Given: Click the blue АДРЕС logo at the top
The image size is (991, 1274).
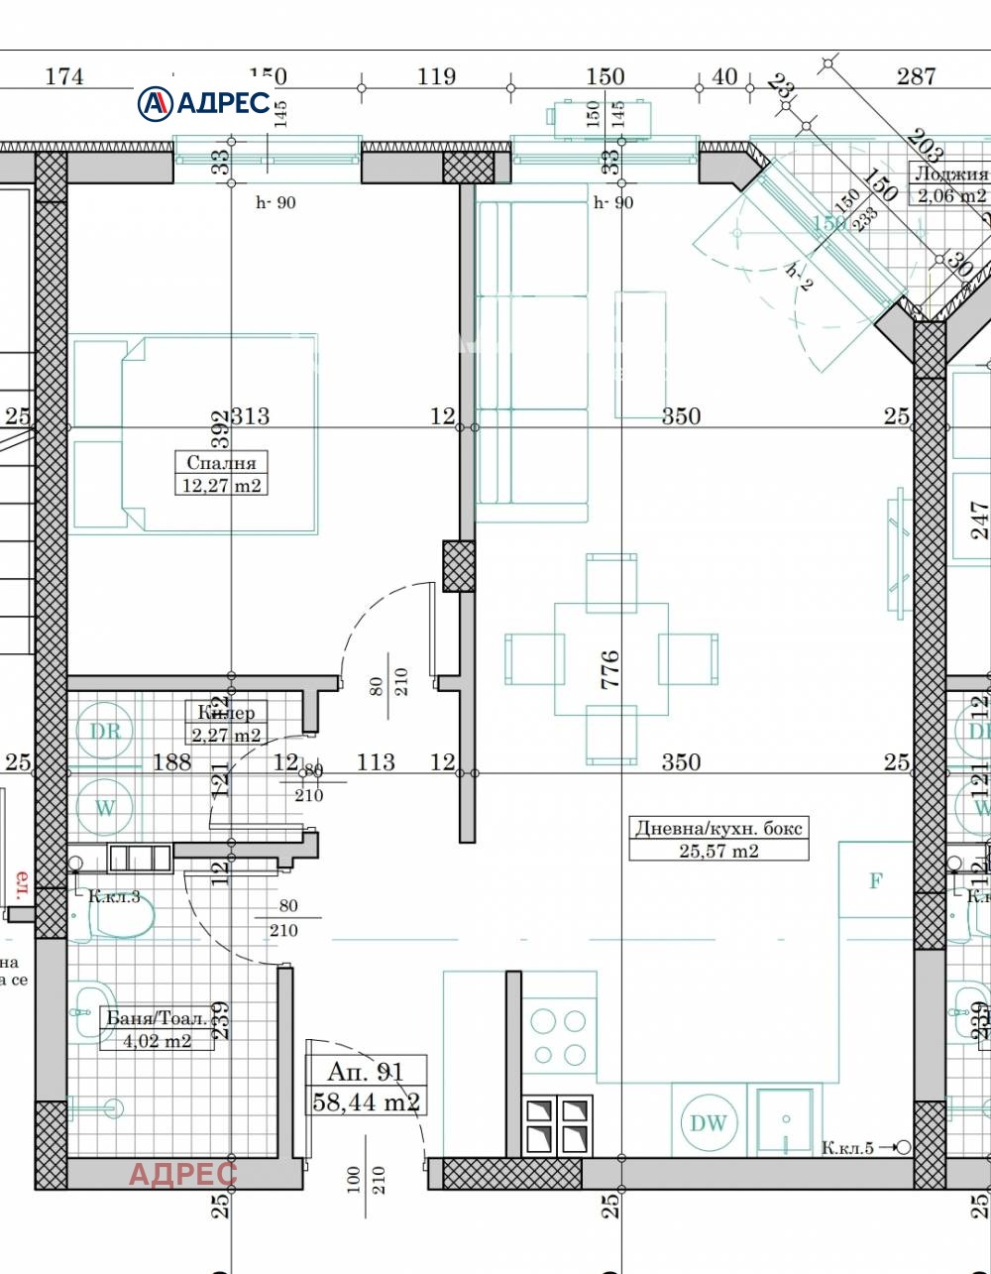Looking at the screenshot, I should pos(204,102).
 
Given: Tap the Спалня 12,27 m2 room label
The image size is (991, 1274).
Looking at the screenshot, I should pos(221,474).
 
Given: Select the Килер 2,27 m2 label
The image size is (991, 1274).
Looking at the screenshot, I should pos(226,724).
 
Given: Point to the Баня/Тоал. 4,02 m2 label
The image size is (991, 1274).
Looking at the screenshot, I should pos(158,1029).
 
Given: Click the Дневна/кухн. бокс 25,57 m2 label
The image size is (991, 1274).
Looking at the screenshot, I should pos(718,839).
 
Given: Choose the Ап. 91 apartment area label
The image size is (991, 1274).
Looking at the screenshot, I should pos(366,1086).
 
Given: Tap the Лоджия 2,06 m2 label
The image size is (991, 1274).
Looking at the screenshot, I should pos(952,184).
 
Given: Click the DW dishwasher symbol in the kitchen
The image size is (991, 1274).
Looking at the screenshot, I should pos(708,1122).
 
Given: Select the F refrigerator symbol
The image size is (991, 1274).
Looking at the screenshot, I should pos(875,880).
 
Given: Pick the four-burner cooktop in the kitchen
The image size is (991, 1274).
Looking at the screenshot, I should pos(559,1037).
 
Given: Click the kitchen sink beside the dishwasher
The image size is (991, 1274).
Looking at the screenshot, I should pos(785,1120).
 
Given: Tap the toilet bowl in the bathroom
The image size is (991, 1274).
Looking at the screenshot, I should pos(120,920).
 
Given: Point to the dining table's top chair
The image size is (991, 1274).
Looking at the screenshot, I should pos(610,582).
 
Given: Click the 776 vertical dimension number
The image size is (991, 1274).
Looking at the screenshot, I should pos(610,670).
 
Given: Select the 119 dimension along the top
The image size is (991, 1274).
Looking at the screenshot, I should pos(436,76).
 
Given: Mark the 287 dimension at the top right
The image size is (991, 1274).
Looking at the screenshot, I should pos(916,76).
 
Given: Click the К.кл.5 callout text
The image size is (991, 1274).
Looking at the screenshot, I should pos(847,1148).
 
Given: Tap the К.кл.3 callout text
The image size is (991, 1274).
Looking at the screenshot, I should pos(114,897).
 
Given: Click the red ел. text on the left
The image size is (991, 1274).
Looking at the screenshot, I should pos(19,881).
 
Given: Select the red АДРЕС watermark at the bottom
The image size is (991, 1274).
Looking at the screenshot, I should pos(183,1174).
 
